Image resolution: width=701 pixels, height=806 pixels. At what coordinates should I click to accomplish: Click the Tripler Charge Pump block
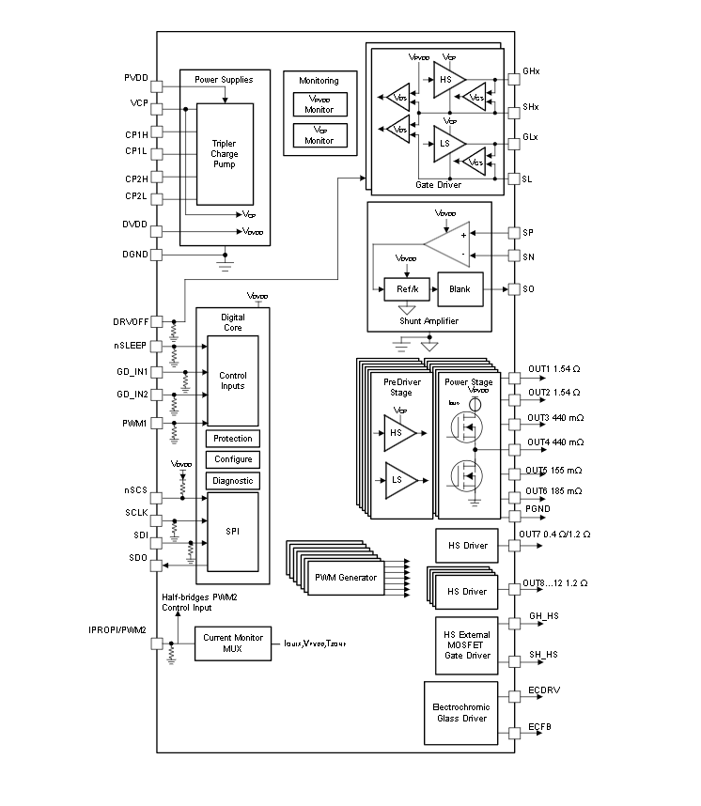click(x=224, y=153)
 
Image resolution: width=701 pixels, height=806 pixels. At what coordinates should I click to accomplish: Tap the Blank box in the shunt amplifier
click(x=460, y=289)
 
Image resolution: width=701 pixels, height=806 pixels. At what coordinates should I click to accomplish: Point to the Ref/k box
click(x=407, y=289)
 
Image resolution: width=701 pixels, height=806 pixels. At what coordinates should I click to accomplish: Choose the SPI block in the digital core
click(x=232, y=531)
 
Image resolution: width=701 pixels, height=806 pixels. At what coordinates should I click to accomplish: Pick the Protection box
click(x=232, y=439)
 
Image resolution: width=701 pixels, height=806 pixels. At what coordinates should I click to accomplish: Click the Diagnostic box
click(x=232, y=481)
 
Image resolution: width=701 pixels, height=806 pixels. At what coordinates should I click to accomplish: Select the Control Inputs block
click(x=232, y=380)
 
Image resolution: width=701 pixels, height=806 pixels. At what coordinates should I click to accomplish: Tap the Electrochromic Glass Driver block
click(x=460, y=712)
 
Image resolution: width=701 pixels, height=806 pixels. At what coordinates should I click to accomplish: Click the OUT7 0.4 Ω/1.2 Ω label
click(x=555, y=535)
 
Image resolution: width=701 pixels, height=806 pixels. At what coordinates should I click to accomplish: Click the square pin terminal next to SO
click(x=514, y=289)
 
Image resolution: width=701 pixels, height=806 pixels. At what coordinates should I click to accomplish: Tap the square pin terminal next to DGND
click(x=157, y=255)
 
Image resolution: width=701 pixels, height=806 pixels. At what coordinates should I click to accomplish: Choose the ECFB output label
click(x=539, y=727)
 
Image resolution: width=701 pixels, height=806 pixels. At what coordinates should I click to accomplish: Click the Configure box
click(x=232, y=459)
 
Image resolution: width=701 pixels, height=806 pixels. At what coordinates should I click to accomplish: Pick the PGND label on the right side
click(x=537, y=509)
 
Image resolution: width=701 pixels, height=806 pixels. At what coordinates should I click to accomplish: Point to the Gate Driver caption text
click(x=436, y=185)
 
